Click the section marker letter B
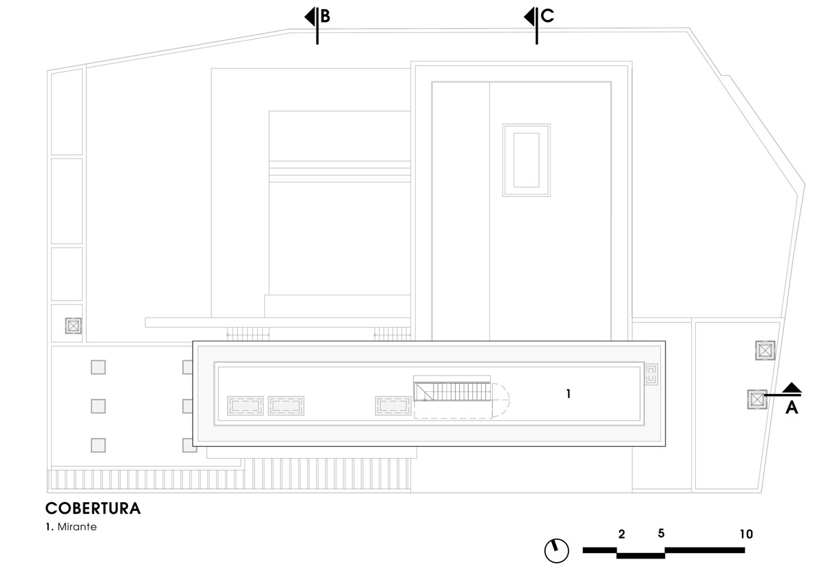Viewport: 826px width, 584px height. click(x=326, y=17)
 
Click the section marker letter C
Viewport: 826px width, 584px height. click(x=548, y=17)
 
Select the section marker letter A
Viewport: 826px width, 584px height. click(x=792, y=408)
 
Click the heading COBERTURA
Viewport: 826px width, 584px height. click(x=93, y=509)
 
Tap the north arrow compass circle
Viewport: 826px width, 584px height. click(x=557, y=550)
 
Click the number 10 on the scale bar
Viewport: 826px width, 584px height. click(x=746, y=534)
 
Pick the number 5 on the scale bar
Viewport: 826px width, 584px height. click(x=661, y=534)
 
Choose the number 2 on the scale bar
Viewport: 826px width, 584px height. click(x=622, y=534)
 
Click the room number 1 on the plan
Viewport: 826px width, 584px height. click(x=569, y=394)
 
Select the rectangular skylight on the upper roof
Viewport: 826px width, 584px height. click(x=527, y=160)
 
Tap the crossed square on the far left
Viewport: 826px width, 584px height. click(x=73, y=326)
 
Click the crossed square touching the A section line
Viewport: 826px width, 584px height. click(x=757, y=399)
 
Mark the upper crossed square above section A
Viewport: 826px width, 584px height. click(x=765, y=351)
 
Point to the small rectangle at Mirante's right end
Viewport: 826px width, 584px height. click(x=651, y=375)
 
